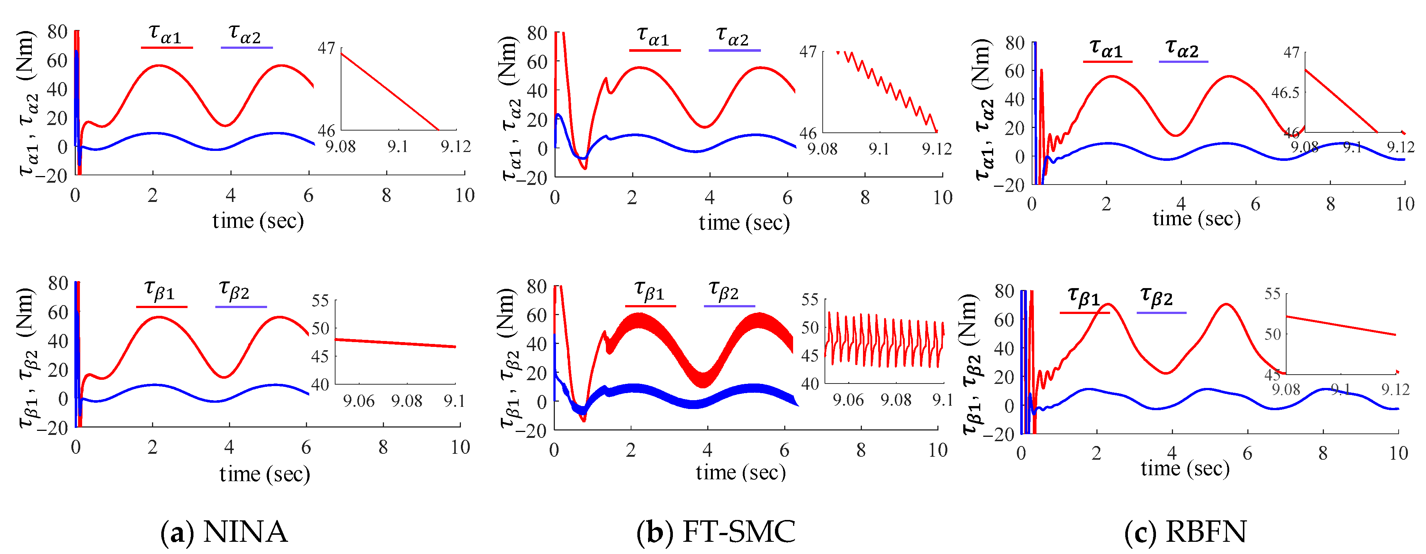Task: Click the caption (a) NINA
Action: (x=224, y=532)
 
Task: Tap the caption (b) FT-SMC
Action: (x=716, y=532)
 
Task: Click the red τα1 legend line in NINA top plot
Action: (x=166, y=48)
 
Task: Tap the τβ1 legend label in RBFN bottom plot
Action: (x=1083, y=297)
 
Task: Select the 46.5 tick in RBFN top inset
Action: (x=1284, y=92)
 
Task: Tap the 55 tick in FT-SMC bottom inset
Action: (x=810, y=300)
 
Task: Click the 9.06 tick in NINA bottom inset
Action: (x=359, y=401)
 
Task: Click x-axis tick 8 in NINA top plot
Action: (x=387, y=195)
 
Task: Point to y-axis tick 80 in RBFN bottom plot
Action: (x=1004, y=291)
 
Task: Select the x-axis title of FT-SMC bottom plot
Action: (x=741, y=472)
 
